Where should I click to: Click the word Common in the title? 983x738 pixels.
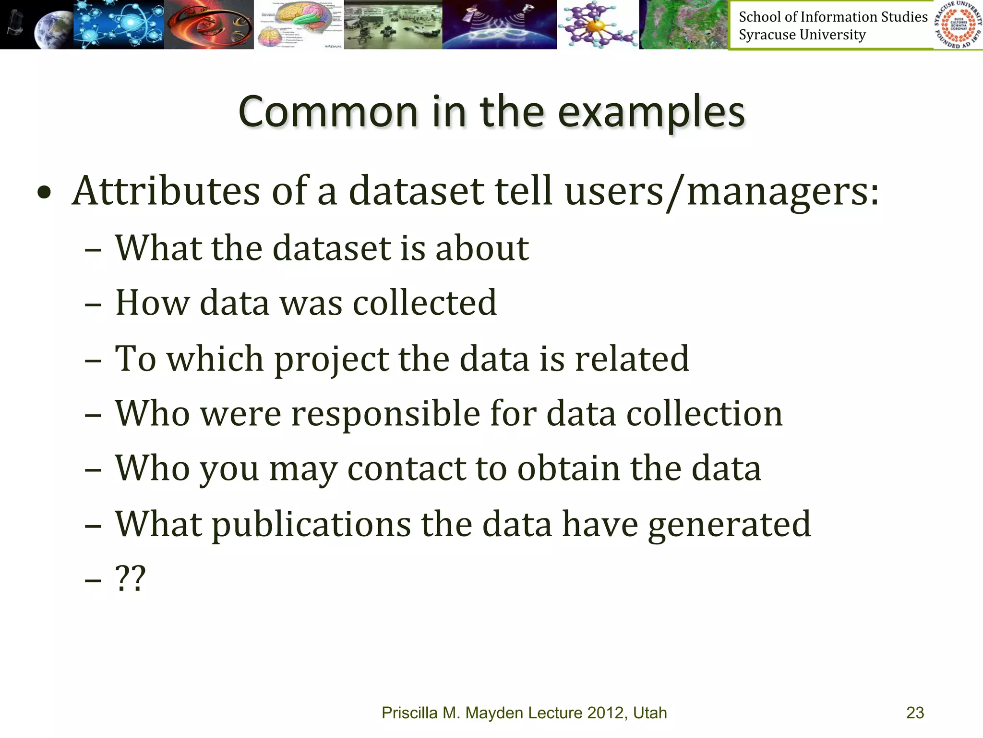point(328,112)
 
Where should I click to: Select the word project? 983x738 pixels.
point(331,360)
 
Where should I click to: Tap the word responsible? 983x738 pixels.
point(386,414)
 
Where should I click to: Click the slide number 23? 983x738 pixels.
point(915,713)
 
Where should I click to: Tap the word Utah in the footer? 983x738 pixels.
point(650,713)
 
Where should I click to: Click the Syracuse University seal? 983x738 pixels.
point(958,25)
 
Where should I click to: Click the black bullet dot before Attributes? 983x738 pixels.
point(44,194)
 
